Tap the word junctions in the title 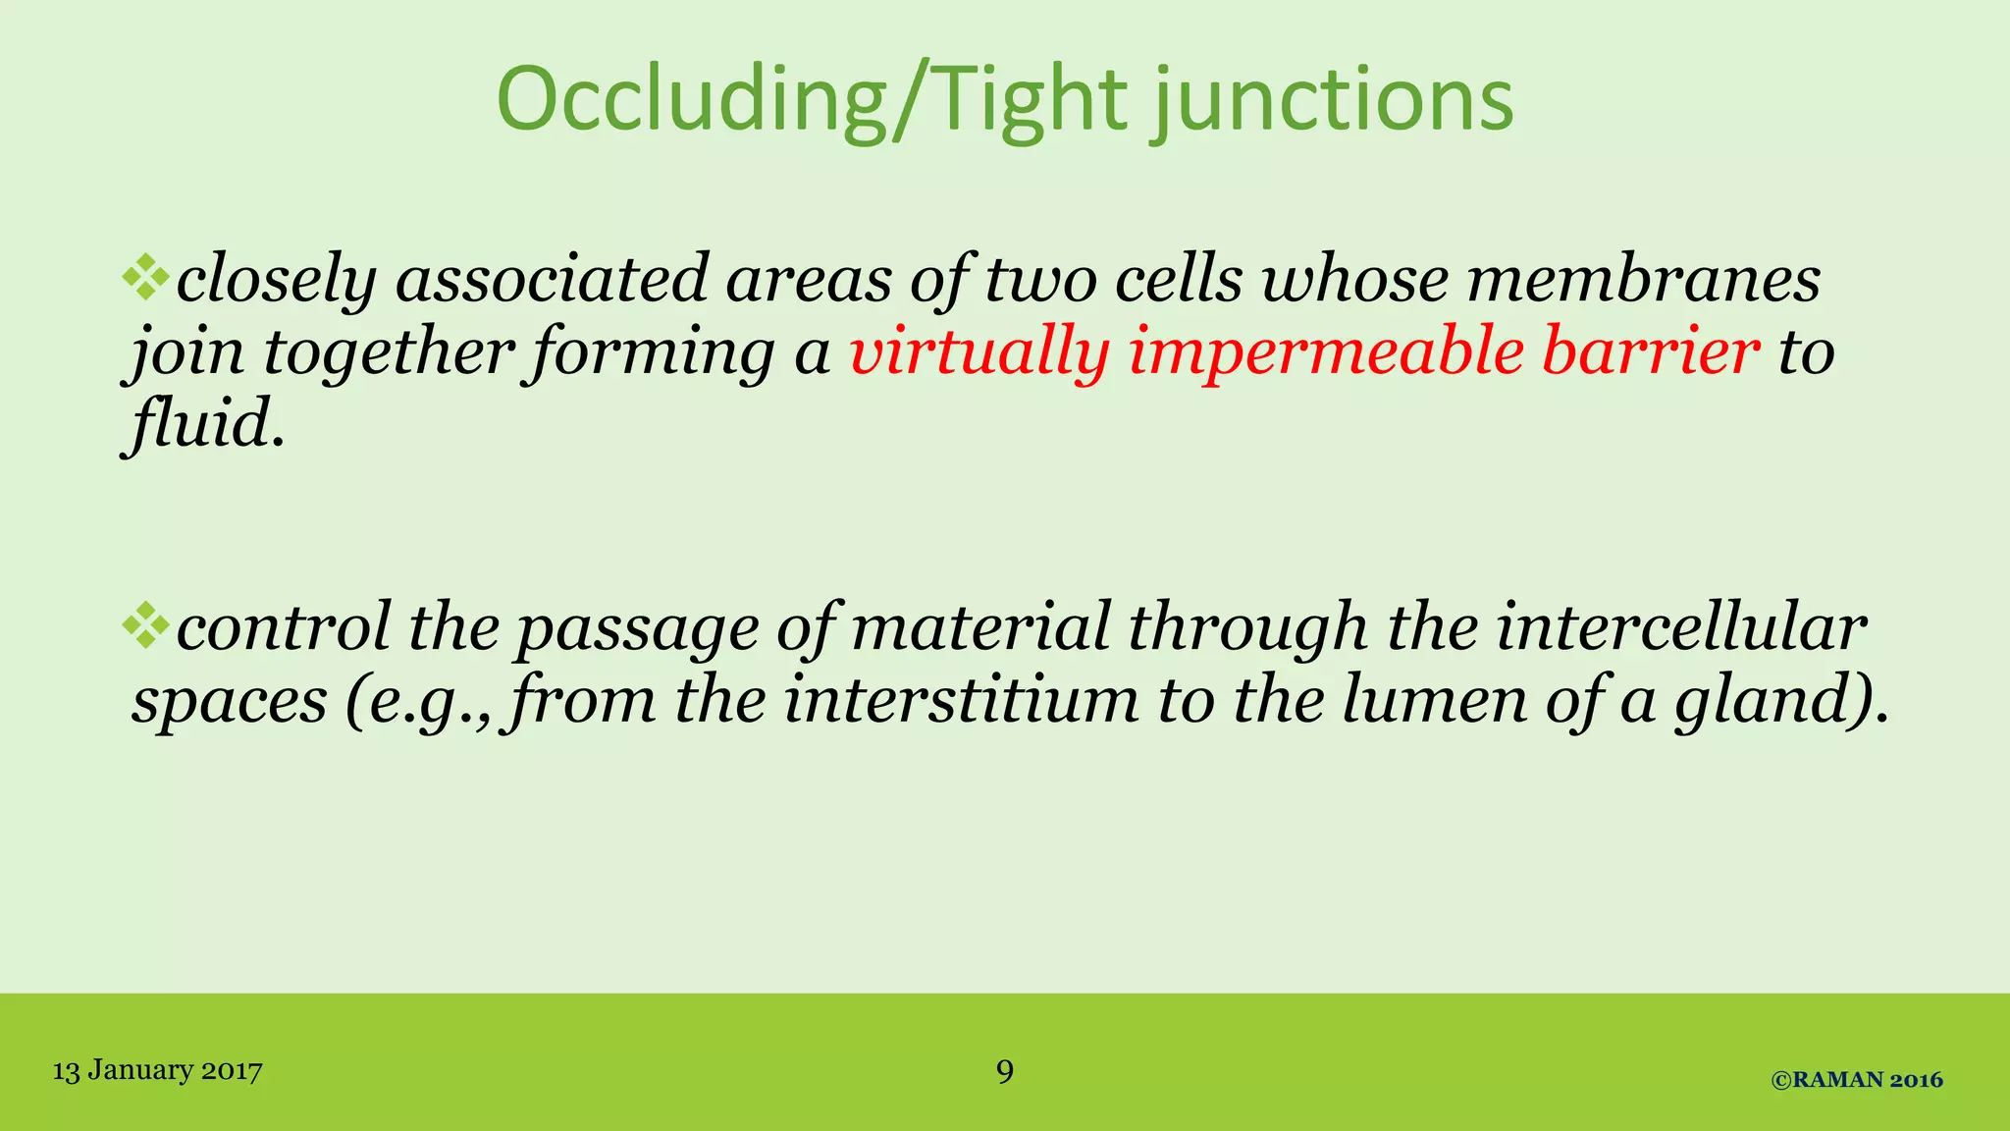[x=1333, y=100]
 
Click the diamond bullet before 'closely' [x=146, y=277]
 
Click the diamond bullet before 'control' [x=146, y=626]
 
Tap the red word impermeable [x=1326, y=351]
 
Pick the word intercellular [x=1681, y=628]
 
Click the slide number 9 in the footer [x=1005, y=1070]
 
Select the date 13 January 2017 [x=157, y=1070]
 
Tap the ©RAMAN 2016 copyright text [x=1857, y=1080]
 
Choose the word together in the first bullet [x=389, y=351]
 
